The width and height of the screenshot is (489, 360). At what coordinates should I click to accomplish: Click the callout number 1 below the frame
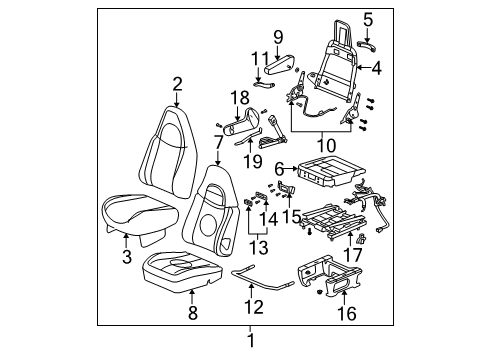[252, 341]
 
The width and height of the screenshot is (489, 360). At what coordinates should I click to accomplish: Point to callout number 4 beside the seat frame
[377, 69]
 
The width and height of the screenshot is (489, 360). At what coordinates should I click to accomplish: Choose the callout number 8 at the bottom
[192, 314]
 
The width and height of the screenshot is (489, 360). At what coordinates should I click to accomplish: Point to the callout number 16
[346, 315]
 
